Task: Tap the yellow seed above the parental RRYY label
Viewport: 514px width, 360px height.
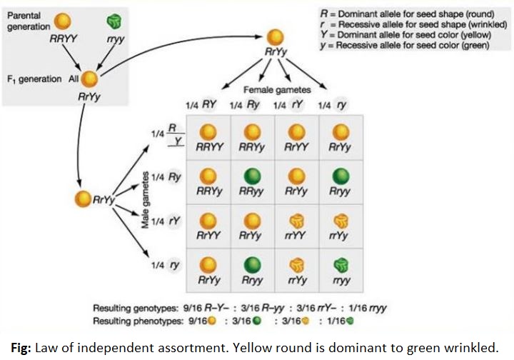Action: click(x=44, y=21)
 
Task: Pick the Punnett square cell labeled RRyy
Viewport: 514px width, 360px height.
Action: click(x=252, y=182)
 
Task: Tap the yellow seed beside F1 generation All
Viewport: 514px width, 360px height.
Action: click(x=91, y=79)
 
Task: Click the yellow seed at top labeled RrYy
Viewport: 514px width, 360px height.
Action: click(x=274, y=39)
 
